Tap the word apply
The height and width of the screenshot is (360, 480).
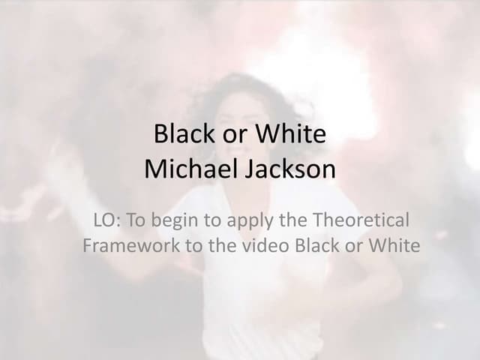click(x=242, y=221)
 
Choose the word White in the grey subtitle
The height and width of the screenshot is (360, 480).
click(x=395, y=245)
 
